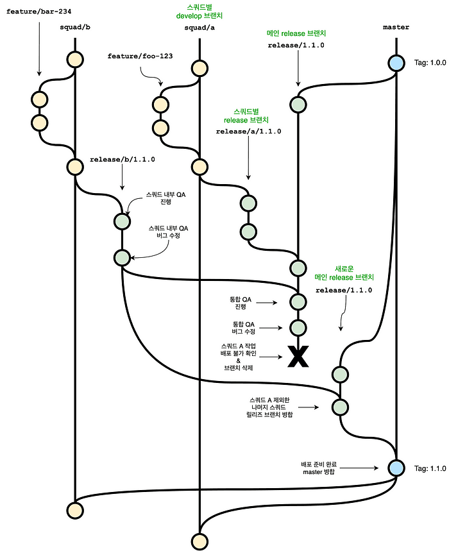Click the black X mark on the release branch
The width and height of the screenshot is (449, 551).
pos(298,357)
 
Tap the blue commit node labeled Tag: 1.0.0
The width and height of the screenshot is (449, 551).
pos(396,63)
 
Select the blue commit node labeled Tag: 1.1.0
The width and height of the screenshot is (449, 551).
pos(396,468)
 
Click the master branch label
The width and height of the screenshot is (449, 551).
pos(396,28)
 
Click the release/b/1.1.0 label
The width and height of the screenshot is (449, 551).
pos(123,158)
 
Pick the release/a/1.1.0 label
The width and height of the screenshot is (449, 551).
pos(248,131)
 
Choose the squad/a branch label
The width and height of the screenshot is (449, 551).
pos(198,28)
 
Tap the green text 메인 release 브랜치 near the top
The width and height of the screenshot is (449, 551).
pos(298,33)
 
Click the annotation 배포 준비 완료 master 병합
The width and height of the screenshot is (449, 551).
pos(317,468)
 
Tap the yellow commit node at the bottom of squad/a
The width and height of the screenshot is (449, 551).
pos(199,541)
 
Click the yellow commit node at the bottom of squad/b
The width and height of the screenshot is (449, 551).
pos(75,510)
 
